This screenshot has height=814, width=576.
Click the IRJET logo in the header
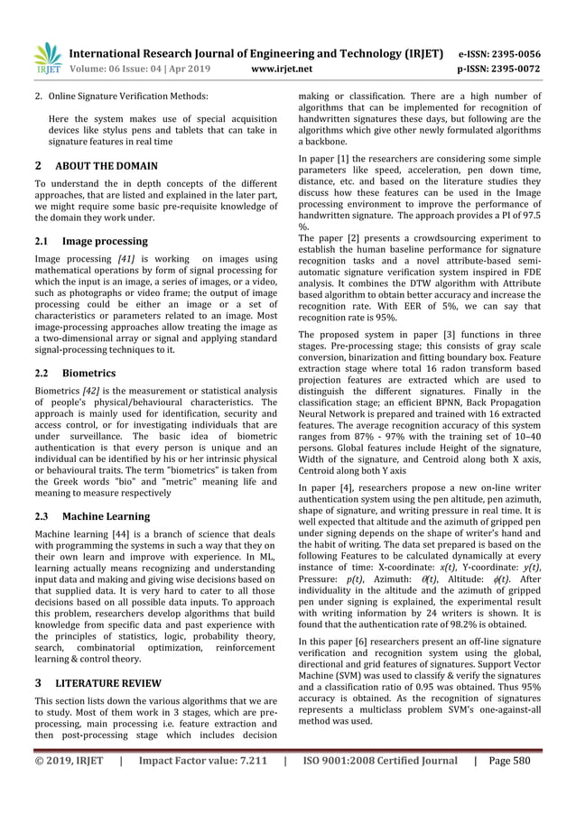click(47, 55)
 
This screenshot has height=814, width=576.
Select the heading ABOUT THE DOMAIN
click(107, 166)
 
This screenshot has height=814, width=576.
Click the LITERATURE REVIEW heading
click(111, 682)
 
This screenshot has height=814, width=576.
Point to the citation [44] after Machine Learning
click(141, 535)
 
